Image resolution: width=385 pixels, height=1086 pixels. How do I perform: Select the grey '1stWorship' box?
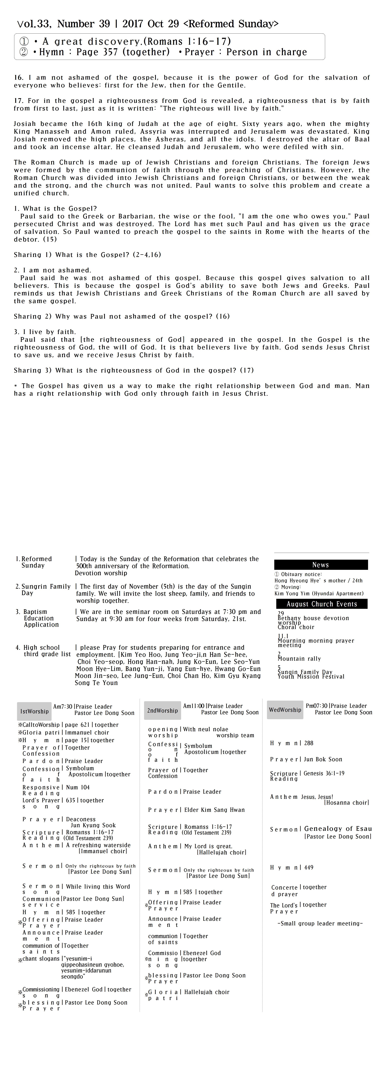pos(34,711)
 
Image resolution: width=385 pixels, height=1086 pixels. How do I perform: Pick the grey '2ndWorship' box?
pos(162,710)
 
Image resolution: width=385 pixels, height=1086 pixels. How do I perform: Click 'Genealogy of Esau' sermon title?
pos(338,829)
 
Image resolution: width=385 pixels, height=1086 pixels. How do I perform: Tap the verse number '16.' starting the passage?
pos(18,78)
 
